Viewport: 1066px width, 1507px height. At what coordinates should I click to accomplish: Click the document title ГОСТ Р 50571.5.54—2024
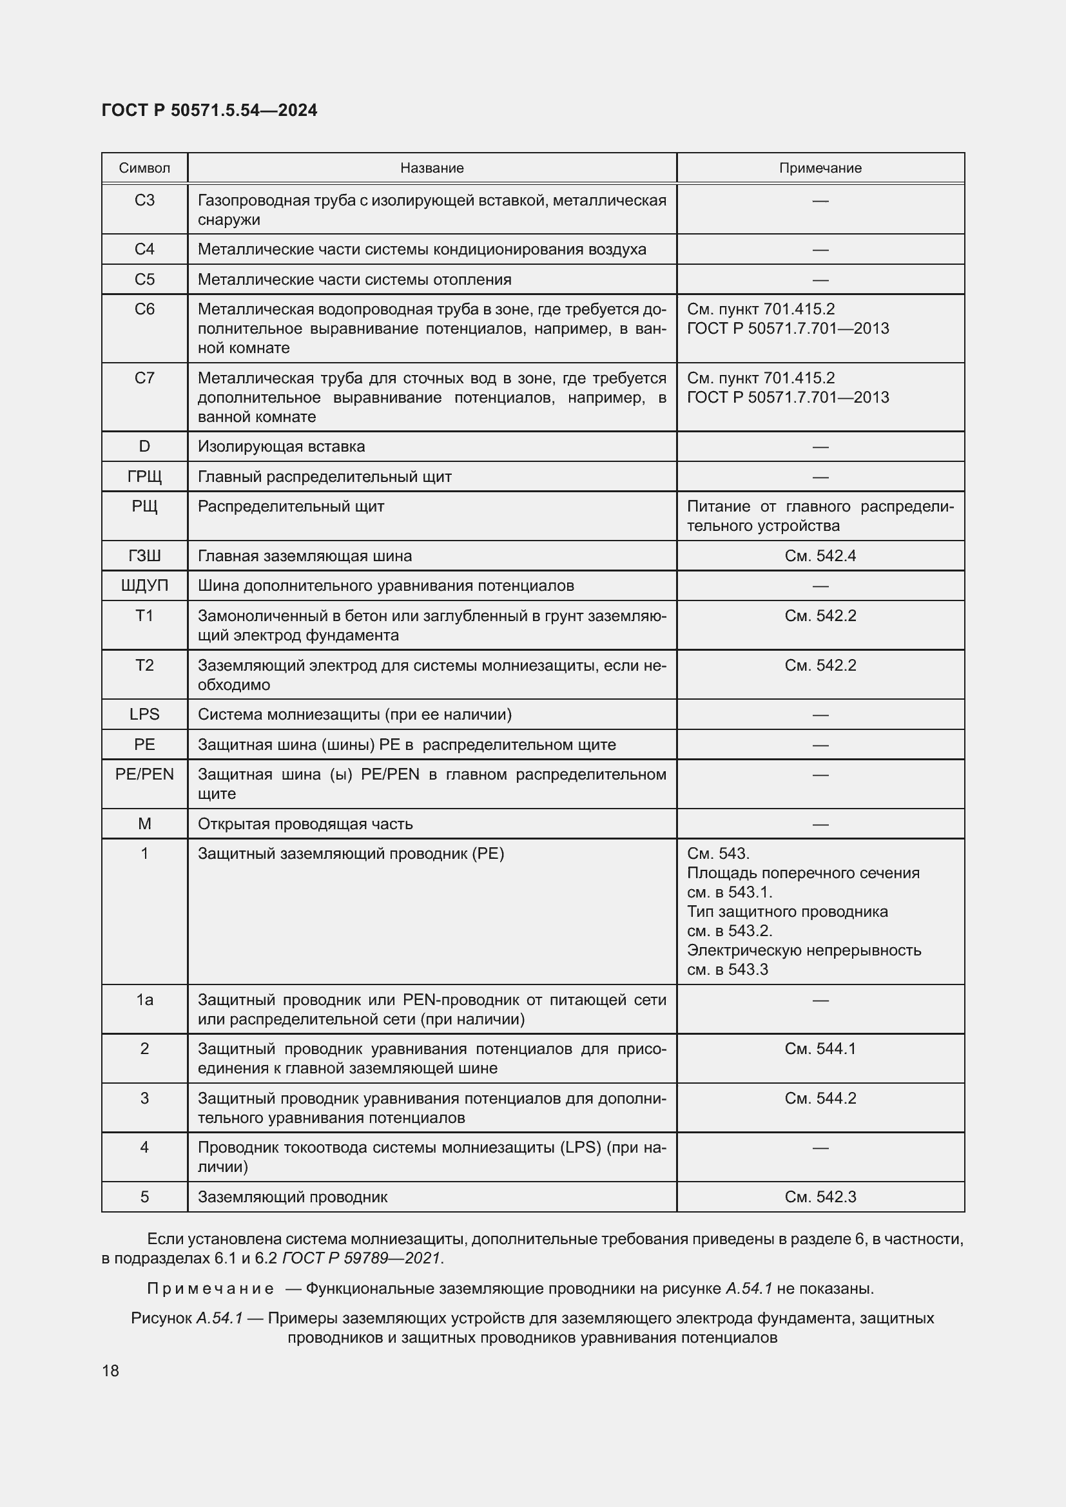tap(209, 110)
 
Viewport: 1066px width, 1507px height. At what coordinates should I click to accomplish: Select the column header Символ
tap(144, 168)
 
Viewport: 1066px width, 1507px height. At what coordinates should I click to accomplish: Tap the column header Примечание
tap(820, 168)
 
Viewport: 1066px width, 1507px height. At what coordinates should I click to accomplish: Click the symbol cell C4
tap(144, 249)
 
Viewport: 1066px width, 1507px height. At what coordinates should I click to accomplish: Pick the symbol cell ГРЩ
tap(144, 477)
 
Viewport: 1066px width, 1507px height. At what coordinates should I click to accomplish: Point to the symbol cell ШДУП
tap(144, 586)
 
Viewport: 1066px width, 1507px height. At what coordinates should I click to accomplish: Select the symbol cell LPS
tap(144, 714)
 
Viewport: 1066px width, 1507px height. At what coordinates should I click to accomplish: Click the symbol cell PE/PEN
tap(144, 774)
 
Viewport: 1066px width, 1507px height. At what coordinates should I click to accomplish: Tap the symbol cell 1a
tap(144, 1000)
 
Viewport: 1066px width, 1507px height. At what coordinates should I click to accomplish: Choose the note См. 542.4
tap(820, 556)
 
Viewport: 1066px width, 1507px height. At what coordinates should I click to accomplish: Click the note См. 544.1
tap(820, 1049)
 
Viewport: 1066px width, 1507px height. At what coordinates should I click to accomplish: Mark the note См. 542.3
tap(820, 1197)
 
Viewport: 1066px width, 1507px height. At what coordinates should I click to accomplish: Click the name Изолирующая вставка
tap(281, 447)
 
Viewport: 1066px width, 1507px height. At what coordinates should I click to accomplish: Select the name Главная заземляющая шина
tap(305, 556)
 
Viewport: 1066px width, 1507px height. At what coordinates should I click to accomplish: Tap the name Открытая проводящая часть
tap(305, 824)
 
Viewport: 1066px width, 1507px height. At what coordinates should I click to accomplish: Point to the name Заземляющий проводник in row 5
tap(292, 1197)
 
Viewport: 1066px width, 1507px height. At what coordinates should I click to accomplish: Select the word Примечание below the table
tap(210, 1289)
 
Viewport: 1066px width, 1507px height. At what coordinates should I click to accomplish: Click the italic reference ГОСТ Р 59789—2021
tap(361, 1258)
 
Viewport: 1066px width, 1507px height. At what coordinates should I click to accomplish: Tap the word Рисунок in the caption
tap(161, 1318)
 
